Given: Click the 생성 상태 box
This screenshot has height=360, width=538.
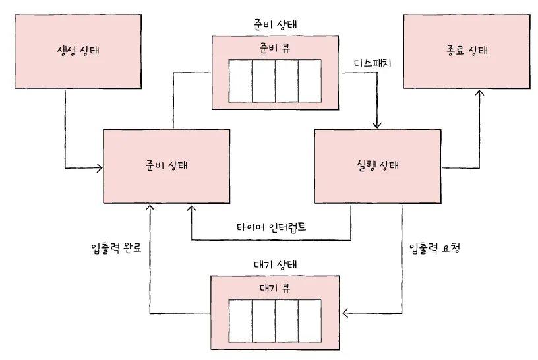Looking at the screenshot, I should [78, 51].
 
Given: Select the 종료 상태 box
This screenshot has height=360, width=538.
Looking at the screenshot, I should [466, 51].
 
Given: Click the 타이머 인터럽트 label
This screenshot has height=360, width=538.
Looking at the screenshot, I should [271, 227].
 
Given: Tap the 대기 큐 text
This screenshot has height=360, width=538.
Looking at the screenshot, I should [275, 288].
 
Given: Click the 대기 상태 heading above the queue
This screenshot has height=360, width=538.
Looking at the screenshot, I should [275, 264].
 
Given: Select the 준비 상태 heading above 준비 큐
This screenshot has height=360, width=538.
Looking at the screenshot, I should [275, 25].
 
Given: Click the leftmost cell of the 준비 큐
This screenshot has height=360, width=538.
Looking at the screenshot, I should [240, 81].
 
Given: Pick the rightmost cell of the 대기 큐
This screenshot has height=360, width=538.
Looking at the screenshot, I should [309, 321].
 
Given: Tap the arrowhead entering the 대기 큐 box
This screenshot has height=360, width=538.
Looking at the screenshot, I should [345, 313].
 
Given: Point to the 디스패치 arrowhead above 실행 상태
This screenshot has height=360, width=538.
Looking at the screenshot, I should [377, 125].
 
